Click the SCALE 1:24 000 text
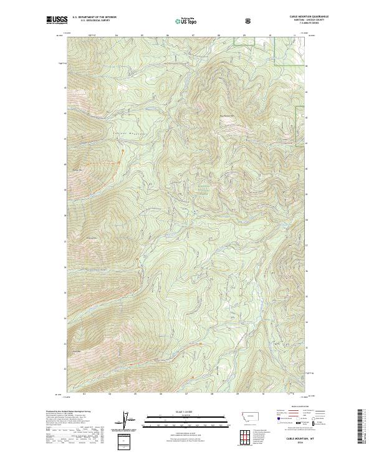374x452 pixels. pyautogui.click(x=187, y=411)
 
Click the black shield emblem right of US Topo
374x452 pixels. pyautogui.click(x=248, y=21)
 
